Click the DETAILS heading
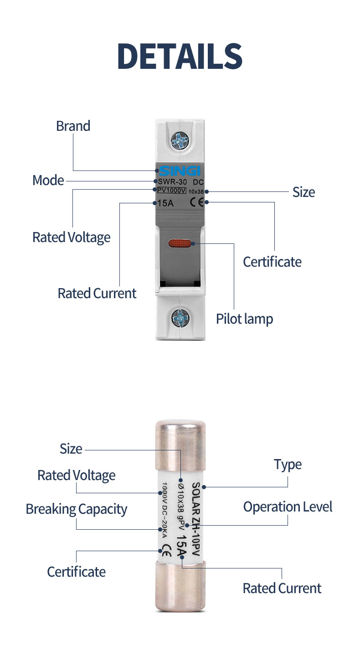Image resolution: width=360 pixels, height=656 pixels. coord(180,57)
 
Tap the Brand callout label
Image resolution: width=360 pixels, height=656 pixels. coord(73,126)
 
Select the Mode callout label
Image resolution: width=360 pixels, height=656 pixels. coord(48,181)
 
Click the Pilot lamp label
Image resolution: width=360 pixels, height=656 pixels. coord(244,319)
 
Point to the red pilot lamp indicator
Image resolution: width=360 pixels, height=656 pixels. coord(181,245)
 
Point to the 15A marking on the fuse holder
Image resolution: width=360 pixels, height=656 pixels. coord(165,203)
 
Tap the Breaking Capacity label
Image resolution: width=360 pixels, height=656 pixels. coord(76,509)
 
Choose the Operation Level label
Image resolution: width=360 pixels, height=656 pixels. coord(288,507)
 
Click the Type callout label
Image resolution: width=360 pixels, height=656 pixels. coord(288,465)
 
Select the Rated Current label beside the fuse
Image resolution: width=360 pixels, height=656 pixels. coord(282,588)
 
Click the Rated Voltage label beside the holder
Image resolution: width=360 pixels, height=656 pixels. coord(71,238)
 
